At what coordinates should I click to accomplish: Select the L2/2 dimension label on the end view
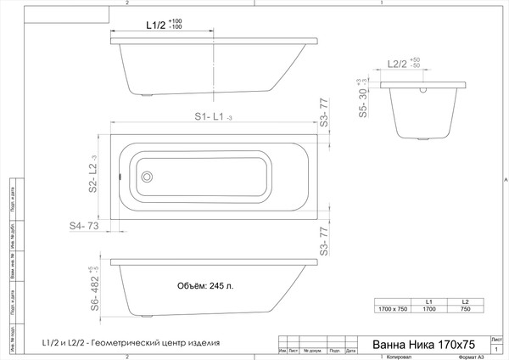[397, 64]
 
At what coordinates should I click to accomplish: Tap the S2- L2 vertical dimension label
[93, 176]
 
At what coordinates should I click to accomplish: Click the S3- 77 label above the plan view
[323, 114]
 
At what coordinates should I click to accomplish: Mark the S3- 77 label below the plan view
[323, 242]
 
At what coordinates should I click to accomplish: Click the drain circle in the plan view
[147, 177]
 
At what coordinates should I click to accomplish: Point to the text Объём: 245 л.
[207, 285]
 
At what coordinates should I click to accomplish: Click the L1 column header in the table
[430, 302]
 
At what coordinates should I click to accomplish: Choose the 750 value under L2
[465, 310]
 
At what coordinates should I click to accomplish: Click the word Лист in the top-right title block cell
[496, 337]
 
